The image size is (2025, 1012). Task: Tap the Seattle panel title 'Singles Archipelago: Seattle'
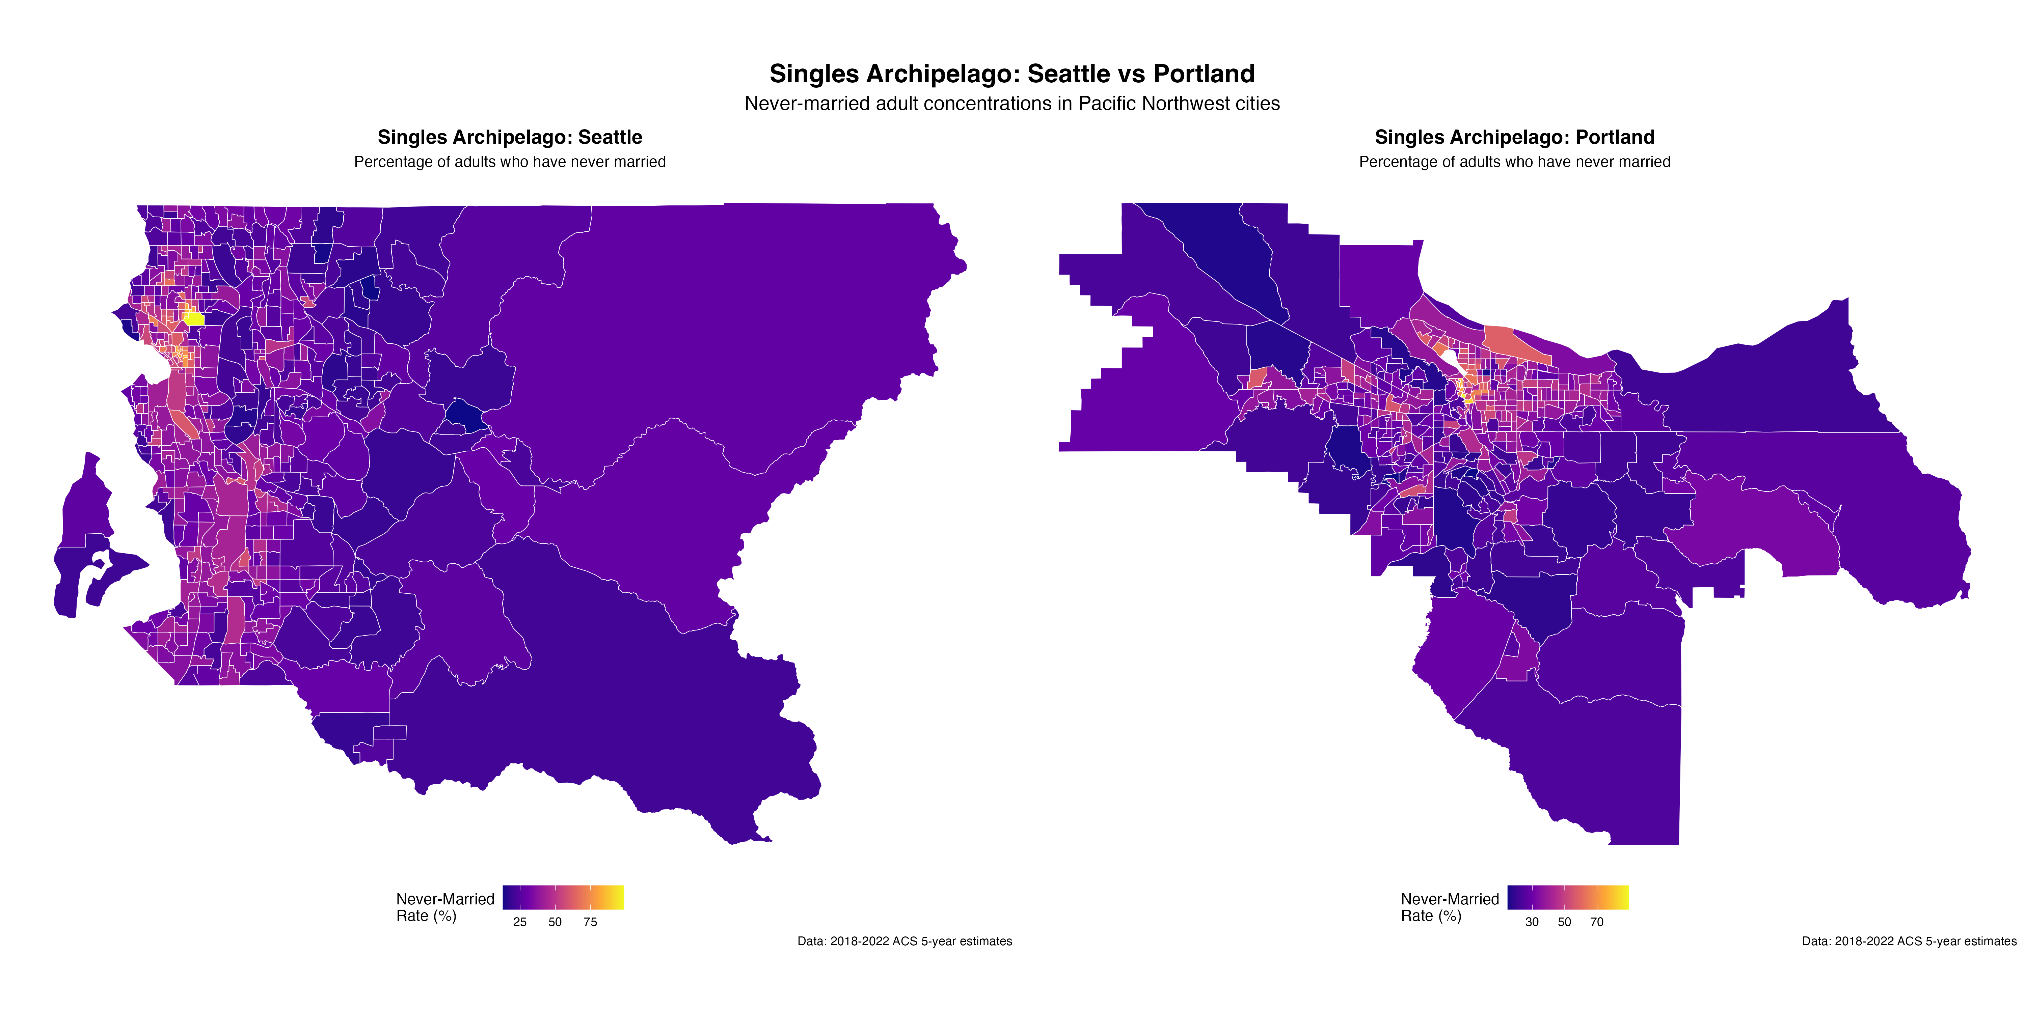tap(509, 138)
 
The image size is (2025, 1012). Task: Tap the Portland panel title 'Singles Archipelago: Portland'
tap(1514, 138)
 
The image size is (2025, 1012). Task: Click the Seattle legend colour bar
tap(563, 897)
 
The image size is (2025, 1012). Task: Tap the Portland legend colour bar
tap(1567, 897)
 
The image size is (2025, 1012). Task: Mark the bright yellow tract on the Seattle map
tap(194, 318)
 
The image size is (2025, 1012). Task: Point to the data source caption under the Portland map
tap(1909, 941)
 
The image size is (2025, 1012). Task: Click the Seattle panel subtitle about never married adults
tap(509, 162)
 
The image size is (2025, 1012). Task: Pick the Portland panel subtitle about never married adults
tap(1514, 162)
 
